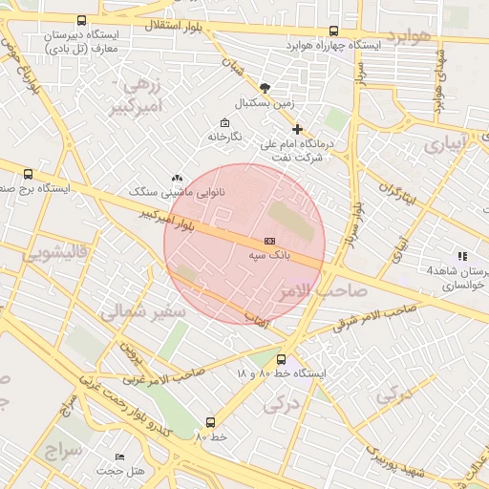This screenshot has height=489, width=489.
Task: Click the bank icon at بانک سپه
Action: click(x=269, y=241)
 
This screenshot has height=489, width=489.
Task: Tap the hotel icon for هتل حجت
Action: click(x=119, y=457)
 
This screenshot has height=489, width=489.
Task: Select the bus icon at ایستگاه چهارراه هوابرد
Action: click(x=333, y=31)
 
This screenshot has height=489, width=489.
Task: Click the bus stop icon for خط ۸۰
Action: click(x=210, y=421)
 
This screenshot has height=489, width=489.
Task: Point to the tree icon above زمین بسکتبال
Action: click(x=265, y=87)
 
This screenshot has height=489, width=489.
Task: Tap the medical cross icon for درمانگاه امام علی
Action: click(x=297, y=129)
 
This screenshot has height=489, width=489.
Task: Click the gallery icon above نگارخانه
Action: click(x=224, y=122)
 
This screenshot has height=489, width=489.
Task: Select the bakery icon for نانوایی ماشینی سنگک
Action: click(x=177, y=178)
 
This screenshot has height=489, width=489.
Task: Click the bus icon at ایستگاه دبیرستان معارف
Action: click(x=80, y=20)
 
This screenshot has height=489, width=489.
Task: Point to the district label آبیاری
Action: click(x=446, y=145)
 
